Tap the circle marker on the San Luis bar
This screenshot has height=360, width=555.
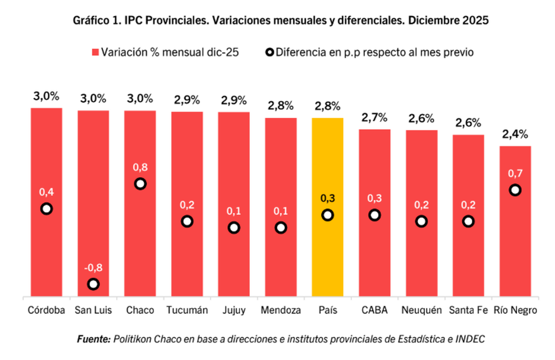(x=93, y=284)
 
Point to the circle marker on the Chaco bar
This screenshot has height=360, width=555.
(x=140, y=184)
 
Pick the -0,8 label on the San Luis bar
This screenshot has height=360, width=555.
(x=93, y=268)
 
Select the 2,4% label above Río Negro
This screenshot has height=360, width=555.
(x=515, y=134)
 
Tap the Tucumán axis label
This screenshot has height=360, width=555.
(x=187, y=310)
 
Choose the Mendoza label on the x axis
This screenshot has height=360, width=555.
(x=281, y=310)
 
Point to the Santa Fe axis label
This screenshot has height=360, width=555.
(x=468, y=310)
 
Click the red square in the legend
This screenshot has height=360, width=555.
(x=95, y=52)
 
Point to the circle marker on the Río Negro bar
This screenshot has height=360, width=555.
(x=515, y=190)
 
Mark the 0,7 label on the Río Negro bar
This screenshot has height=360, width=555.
(x=515, y=174)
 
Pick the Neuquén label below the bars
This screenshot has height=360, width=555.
(x=421, y=310)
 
